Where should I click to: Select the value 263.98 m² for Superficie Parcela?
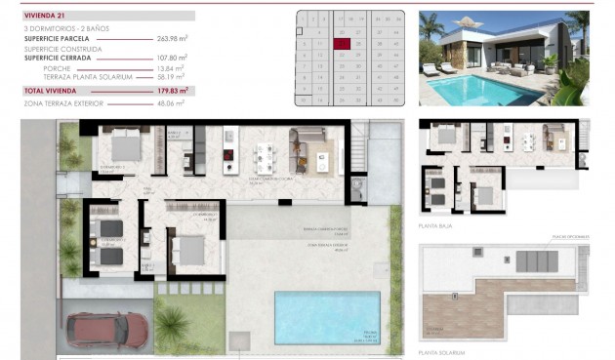click(x=172, y=38)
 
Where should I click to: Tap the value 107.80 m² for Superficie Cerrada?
click(x=172, y=59)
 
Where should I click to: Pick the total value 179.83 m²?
click(x=172, y=90)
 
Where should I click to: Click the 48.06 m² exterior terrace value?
click(x=172, y=101)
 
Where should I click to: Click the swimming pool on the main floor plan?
click(x=327, y=318)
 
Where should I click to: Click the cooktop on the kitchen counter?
click(x=227, y=157)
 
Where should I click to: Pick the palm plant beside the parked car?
click(x=173, y=322)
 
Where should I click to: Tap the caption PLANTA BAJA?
click(x=435, y=225)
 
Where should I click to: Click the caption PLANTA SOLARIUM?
click(x=441, y=351)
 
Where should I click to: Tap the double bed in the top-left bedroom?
click(x=126, y=148)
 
